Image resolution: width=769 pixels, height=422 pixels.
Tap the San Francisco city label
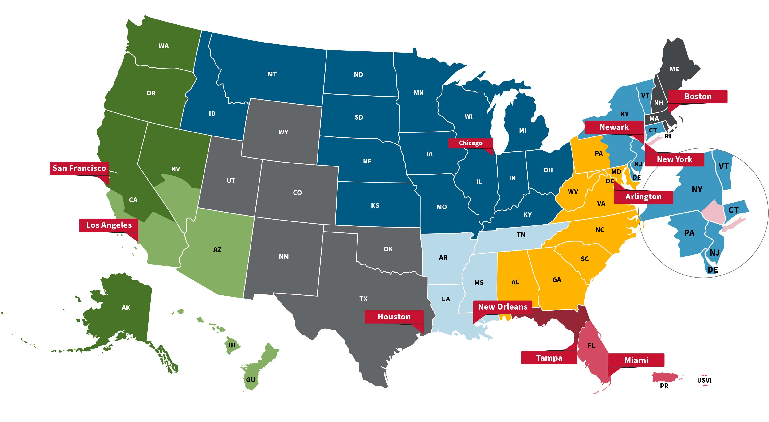[79, 168]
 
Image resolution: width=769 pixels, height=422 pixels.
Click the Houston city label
[394, 317]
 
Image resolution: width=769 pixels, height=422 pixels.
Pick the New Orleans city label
[502, 307]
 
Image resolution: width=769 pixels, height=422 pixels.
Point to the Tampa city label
[549, 358]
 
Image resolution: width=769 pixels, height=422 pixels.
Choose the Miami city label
[636, 360]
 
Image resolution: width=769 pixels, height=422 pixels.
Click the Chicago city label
[470, 143]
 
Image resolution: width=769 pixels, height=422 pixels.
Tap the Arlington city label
[643, 197]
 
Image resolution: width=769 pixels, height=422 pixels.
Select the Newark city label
[614, 127]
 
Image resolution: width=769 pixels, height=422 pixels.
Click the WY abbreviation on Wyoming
[283, 132]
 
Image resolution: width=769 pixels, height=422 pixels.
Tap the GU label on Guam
[251, 380]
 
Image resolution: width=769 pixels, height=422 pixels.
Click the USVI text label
[704, 380]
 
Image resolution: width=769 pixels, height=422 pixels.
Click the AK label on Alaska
[126, 308]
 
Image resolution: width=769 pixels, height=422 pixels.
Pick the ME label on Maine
[674, 69]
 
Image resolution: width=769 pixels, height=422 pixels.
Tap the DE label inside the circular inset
[713, 270]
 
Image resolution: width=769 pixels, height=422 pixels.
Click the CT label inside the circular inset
[733, 210]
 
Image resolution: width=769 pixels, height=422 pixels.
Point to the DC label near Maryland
[610, 181]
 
